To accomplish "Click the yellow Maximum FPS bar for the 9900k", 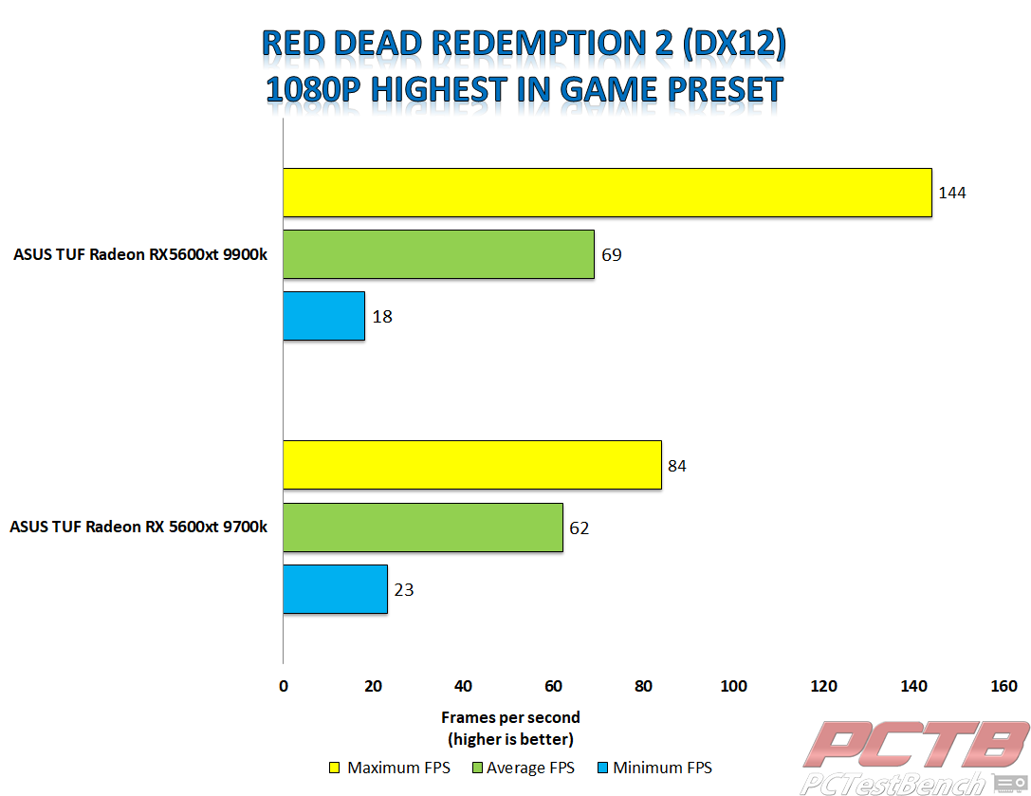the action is (608, 193).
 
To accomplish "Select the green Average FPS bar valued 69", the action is (438, 254).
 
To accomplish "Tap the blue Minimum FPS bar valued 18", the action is (324, 317).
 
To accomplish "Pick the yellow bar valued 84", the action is (472, 465).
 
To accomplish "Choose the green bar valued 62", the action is (423, 528).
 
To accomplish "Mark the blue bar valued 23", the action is (336, 589).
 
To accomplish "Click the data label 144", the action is (952, 193).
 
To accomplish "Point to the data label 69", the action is (612, 254).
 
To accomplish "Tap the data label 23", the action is (404, 589).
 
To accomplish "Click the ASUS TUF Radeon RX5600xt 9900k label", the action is (140, 254).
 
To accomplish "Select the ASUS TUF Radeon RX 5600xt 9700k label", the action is (138, 527).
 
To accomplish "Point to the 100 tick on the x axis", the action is (734, 686).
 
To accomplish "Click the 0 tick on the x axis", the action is (284, 686).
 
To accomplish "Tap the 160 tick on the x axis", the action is (1004, 686).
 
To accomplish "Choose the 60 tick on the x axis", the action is (554, 686).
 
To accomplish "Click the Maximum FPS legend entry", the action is (390, 768).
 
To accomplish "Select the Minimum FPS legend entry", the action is (654, 768).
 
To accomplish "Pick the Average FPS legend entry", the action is (524, 768).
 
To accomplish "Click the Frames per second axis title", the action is (510, 717).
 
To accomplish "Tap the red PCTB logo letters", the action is (916, 744).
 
